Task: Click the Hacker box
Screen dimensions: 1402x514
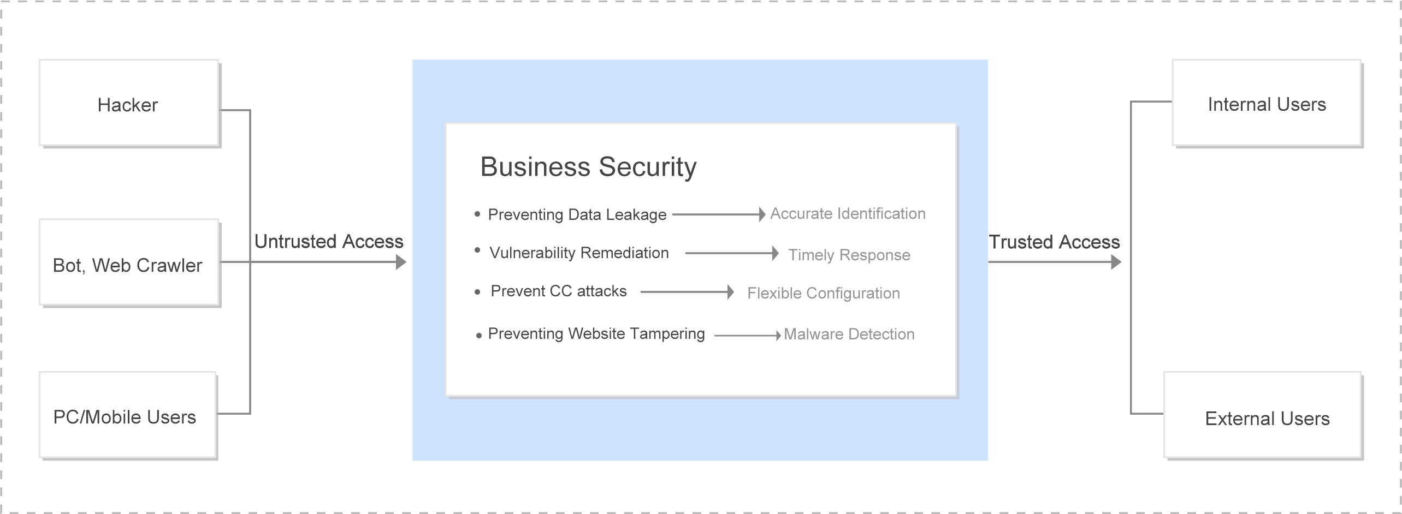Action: click(x=129, y=103)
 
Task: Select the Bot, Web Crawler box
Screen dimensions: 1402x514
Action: click(x=129, y=263)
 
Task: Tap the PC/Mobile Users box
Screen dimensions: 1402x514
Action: click(x=128, y=415)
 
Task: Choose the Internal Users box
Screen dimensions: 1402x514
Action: click(x=1267, y=103)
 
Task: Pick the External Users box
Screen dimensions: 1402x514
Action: click(x=1263, y=416)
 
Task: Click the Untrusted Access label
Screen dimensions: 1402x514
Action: click(x=329, y=242)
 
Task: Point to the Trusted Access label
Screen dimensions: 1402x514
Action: click(x=1054, y=242)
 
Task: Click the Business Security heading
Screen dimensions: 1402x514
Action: click(x=588, y=167)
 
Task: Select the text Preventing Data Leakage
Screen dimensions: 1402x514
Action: click(x=577, y=214)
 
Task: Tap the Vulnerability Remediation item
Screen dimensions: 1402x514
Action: click(x=579, y=253)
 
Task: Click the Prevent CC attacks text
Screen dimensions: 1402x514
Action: click(x=559, y=291)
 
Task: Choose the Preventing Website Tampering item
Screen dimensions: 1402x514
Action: click(x=596, y=333)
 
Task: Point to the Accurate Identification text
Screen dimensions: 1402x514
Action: click(x=848, y=213)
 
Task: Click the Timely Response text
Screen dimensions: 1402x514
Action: click(x=849, y=255)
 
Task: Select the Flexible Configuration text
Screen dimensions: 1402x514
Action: click(x=824, y=293)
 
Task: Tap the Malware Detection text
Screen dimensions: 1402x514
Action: click(x=849, y=334)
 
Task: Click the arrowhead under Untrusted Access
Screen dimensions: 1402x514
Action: click(x=401, y=262)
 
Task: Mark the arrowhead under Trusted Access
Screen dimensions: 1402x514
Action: click(x=1116, y=262)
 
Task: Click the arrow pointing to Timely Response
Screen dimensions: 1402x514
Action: click(x=732, y=253)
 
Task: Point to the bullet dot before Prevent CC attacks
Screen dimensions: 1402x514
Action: click(x=477, y=292)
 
